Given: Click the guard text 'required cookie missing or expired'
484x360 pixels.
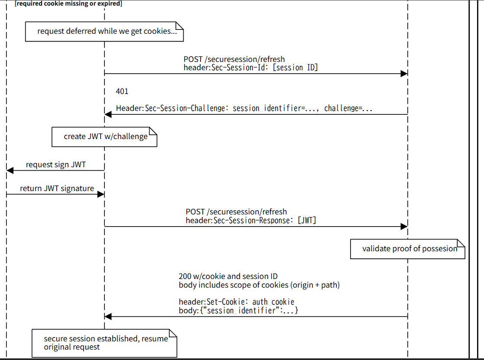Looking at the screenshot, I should pos(68,4).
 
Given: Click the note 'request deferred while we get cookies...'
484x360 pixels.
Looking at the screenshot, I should pos(104,31).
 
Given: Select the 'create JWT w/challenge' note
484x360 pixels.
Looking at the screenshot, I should pos(104,136).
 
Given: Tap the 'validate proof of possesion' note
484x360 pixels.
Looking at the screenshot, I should pos(407,249).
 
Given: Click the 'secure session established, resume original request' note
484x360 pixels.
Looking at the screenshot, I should pos(104,343).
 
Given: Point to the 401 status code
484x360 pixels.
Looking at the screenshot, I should pos(122,91).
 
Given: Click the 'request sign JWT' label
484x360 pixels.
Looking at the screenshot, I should pos(56,165).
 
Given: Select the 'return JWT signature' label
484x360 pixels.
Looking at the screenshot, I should pos(57,188).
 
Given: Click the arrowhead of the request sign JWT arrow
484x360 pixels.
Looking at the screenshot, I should pos(10,171).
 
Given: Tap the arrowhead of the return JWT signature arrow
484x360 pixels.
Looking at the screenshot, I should pos(101,195).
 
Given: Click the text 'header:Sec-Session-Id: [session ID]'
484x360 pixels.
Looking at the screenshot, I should pos(250,68).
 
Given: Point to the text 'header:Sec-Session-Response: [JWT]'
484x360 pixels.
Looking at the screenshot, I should pos(251,221).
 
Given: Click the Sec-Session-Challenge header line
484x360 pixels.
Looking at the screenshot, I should pos(244,108).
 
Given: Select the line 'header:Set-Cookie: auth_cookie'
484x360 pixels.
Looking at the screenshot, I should pos(236,302).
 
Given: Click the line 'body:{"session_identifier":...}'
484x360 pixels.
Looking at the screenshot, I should pos(238,311).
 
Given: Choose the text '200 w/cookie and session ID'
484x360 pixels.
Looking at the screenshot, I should pos(228,276).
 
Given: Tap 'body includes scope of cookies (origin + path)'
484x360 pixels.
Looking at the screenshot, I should pos(259,285).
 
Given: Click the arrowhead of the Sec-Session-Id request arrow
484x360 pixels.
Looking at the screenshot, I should pos(404,74).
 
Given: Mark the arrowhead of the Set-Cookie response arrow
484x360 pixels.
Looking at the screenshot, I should pos(108,317).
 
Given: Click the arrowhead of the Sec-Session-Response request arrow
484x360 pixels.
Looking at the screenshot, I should pos(404,227).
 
